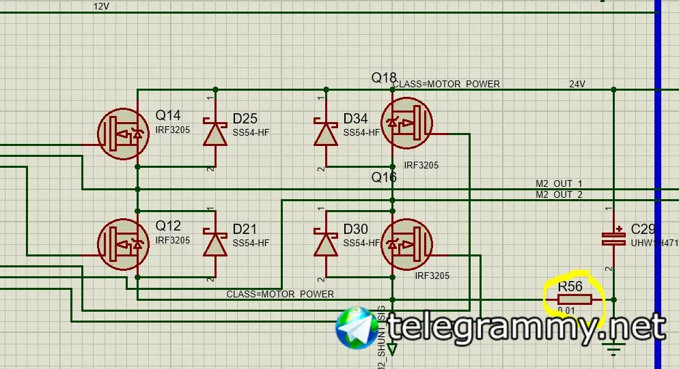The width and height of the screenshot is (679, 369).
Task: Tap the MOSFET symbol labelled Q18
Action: [406, 123]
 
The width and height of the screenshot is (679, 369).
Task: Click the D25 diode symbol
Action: [215, 132]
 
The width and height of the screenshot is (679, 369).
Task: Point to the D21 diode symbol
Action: [215, 243]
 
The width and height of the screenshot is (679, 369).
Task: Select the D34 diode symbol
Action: [326, 132]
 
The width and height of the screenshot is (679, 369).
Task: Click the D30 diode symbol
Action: [326, 243]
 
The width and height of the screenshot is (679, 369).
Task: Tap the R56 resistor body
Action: [574, 299]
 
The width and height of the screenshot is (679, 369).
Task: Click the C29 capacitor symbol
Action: [613, 238]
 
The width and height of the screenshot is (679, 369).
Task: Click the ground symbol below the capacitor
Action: [615, 351]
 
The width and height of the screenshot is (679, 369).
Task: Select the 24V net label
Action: [577, 85]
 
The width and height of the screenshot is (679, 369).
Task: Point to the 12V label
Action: [101, 6]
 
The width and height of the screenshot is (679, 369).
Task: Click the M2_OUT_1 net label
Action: [559, 184]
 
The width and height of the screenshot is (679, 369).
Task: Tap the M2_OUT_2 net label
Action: [559, 195]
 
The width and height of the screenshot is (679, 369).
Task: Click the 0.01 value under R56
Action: [566, 311]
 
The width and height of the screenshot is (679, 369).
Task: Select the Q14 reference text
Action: [169, 115]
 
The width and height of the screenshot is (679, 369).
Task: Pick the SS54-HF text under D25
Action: [251, 132]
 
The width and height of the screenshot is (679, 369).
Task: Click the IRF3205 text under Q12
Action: [173, 240]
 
